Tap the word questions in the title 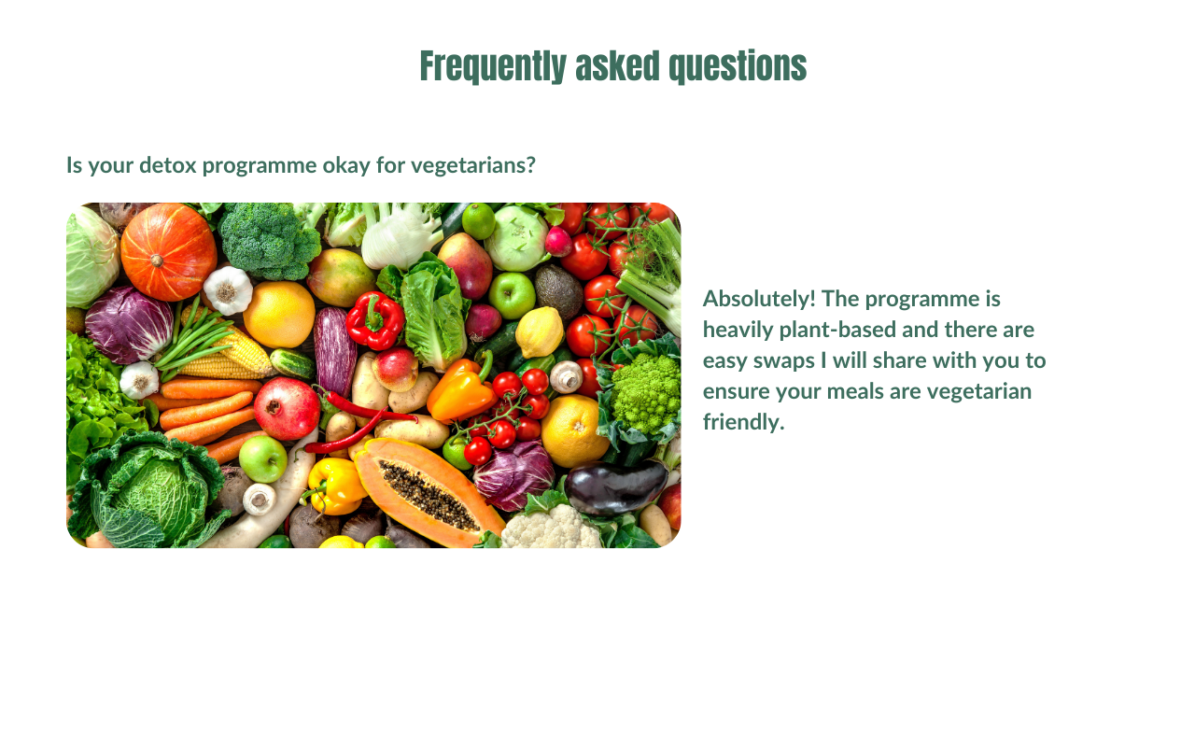(x=738, y=66)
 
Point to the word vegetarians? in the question (x=472, y=166)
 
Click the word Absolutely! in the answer (x=759, y=299)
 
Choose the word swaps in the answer (x=785, y=361)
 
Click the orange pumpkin (x=168, y=252)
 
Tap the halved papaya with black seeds (x=427, y=492)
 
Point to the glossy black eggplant (x=615, y=486)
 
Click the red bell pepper (x=375, y=320)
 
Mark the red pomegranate (x=287, y=408)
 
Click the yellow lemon (x=540, y=332)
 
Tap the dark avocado (x=558, y=292)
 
